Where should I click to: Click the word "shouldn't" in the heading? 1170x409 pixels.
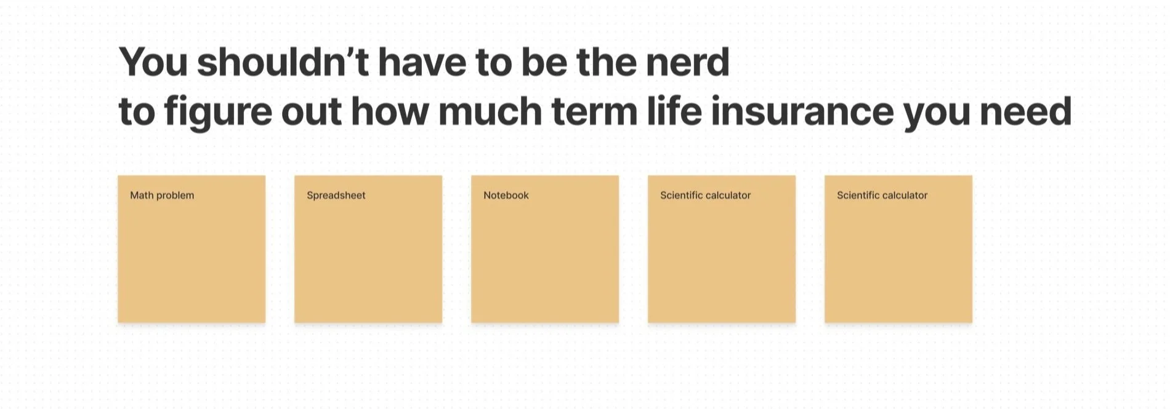point(282,62)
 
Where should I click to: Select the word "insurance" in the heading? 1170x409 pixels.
point(802,111)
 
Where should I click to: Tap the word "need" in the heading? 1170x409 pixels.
point(1025,111)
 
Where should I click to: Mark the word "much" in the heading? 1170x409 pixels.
point(490,111)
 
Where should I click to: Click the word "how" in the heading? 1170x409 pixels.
point(389,111)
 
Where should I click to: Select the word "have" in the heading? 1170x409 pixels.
point(422,62)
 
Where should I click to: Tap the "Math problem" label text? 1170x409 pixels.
point(162,196)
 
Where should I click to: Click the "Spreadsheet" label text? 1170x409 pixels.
point(336,196)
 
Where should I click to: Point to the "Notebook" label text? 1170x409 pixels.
point(506,196)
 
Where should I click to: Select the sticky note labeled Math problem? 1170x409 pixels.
point(192,249)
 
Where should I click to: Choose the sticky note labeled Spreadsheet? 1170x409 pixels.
point(368,249)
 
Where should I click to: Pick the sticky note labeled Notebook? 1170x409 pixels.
point(545,249)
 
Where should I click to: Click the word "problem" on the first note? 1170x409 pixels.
point(175,196)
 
